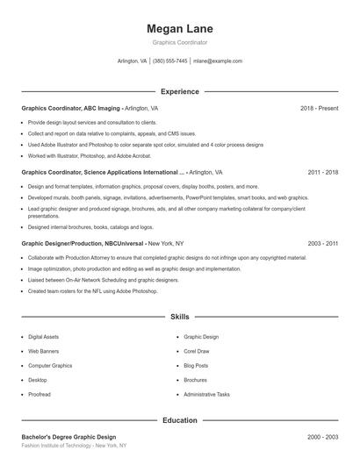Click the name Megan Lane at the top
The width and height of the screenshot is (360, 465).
click(179, 29)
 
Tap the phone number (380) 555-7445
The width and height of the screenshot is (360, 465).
click(169, 61)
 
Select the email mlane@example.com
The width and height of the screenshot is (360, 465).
click(218, 61)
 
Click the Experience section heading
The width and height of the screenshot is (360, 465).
click(179, 91)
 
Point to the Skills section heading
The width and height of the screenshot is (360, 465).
click(179, 316)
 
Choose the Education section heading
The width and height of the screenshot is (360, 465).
click(179, 420)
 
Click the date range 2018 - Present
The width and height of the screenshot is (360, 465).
click(319, 108)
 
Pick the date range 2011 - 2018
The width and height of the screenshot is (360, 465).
click(322, 173)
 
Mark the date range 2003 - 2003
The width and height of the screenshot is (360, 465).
click(322, 243)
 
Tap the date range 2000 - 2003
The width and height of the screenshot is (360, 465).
click(322, 437)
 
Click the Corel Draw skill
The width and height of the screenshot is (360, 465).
click(197, 351)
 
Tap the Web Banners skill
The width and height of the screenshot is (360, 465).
click(45, 351)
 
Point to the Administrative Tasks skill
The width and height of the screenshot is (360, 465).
click(207, 394)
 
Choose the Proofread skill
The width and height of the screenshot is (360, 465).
click(40, 394)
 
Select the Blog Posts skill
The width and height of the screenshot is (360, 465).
click(196, 365)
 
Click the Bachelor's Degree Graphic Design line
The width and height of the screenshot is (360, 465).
click(68, 437)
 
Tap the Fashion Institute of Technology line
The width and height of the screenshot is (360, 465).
click(74, 446)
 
